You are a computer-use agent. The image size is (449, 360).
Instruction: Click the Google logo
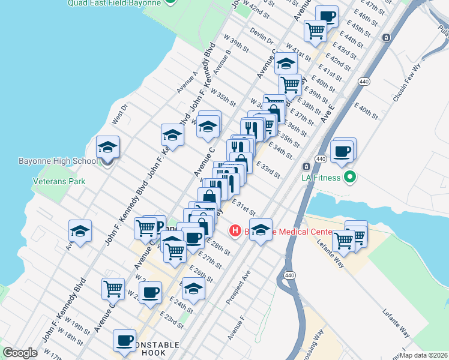[x=20, y=353]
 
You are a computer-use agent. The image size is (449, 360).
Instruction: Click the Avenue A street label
[x=187, y=82]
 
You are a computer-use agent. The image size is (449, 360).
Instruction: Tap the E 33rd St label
[x=268, y=170]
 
